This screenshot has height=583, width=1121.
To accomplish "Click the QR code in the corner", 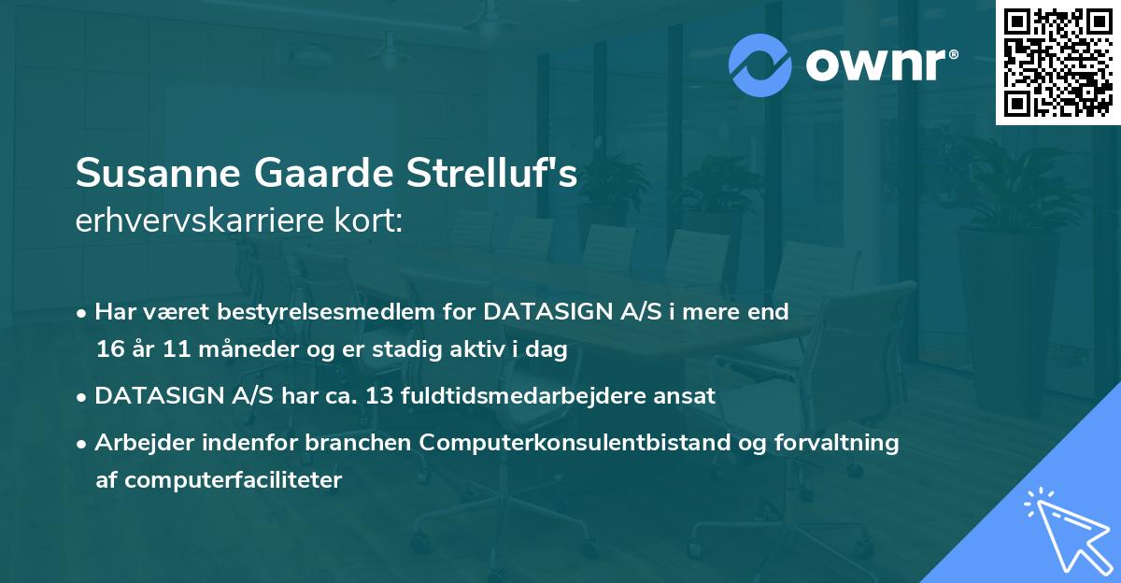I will [x=1058, y=63].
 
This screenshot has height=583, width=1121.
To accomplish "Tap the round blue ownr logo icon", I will [x=761, y=64].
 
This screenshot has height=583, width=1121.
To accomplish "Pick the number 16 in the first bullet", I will [x=109, y=348].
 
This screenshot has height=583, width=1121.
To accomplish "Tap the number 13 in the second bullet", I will [x=379, y=396].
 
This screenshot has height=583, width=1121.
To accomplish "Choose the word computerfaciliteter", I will [x=233, y=480].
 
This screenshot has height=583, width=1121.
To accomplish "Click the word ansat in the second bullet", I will [x=686, y=396].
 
